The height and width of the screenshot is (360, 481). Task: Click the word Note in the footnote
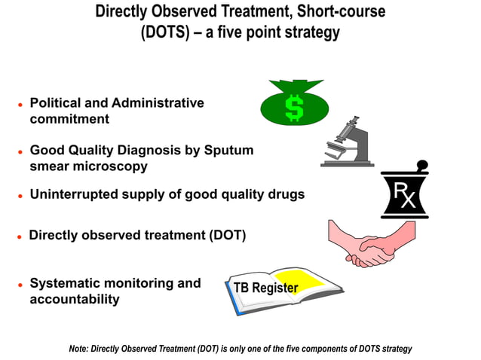click(78, 349)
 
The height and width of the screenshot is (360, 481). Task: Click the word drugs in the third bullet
click(284, 194)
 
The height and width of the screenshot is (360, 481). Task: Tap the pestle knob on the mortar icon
click(422, 164)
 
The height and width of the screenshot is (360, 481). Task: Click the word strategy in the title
click(311, 33)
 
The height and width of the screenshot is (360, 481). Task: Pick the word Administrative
click(158, 103)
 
